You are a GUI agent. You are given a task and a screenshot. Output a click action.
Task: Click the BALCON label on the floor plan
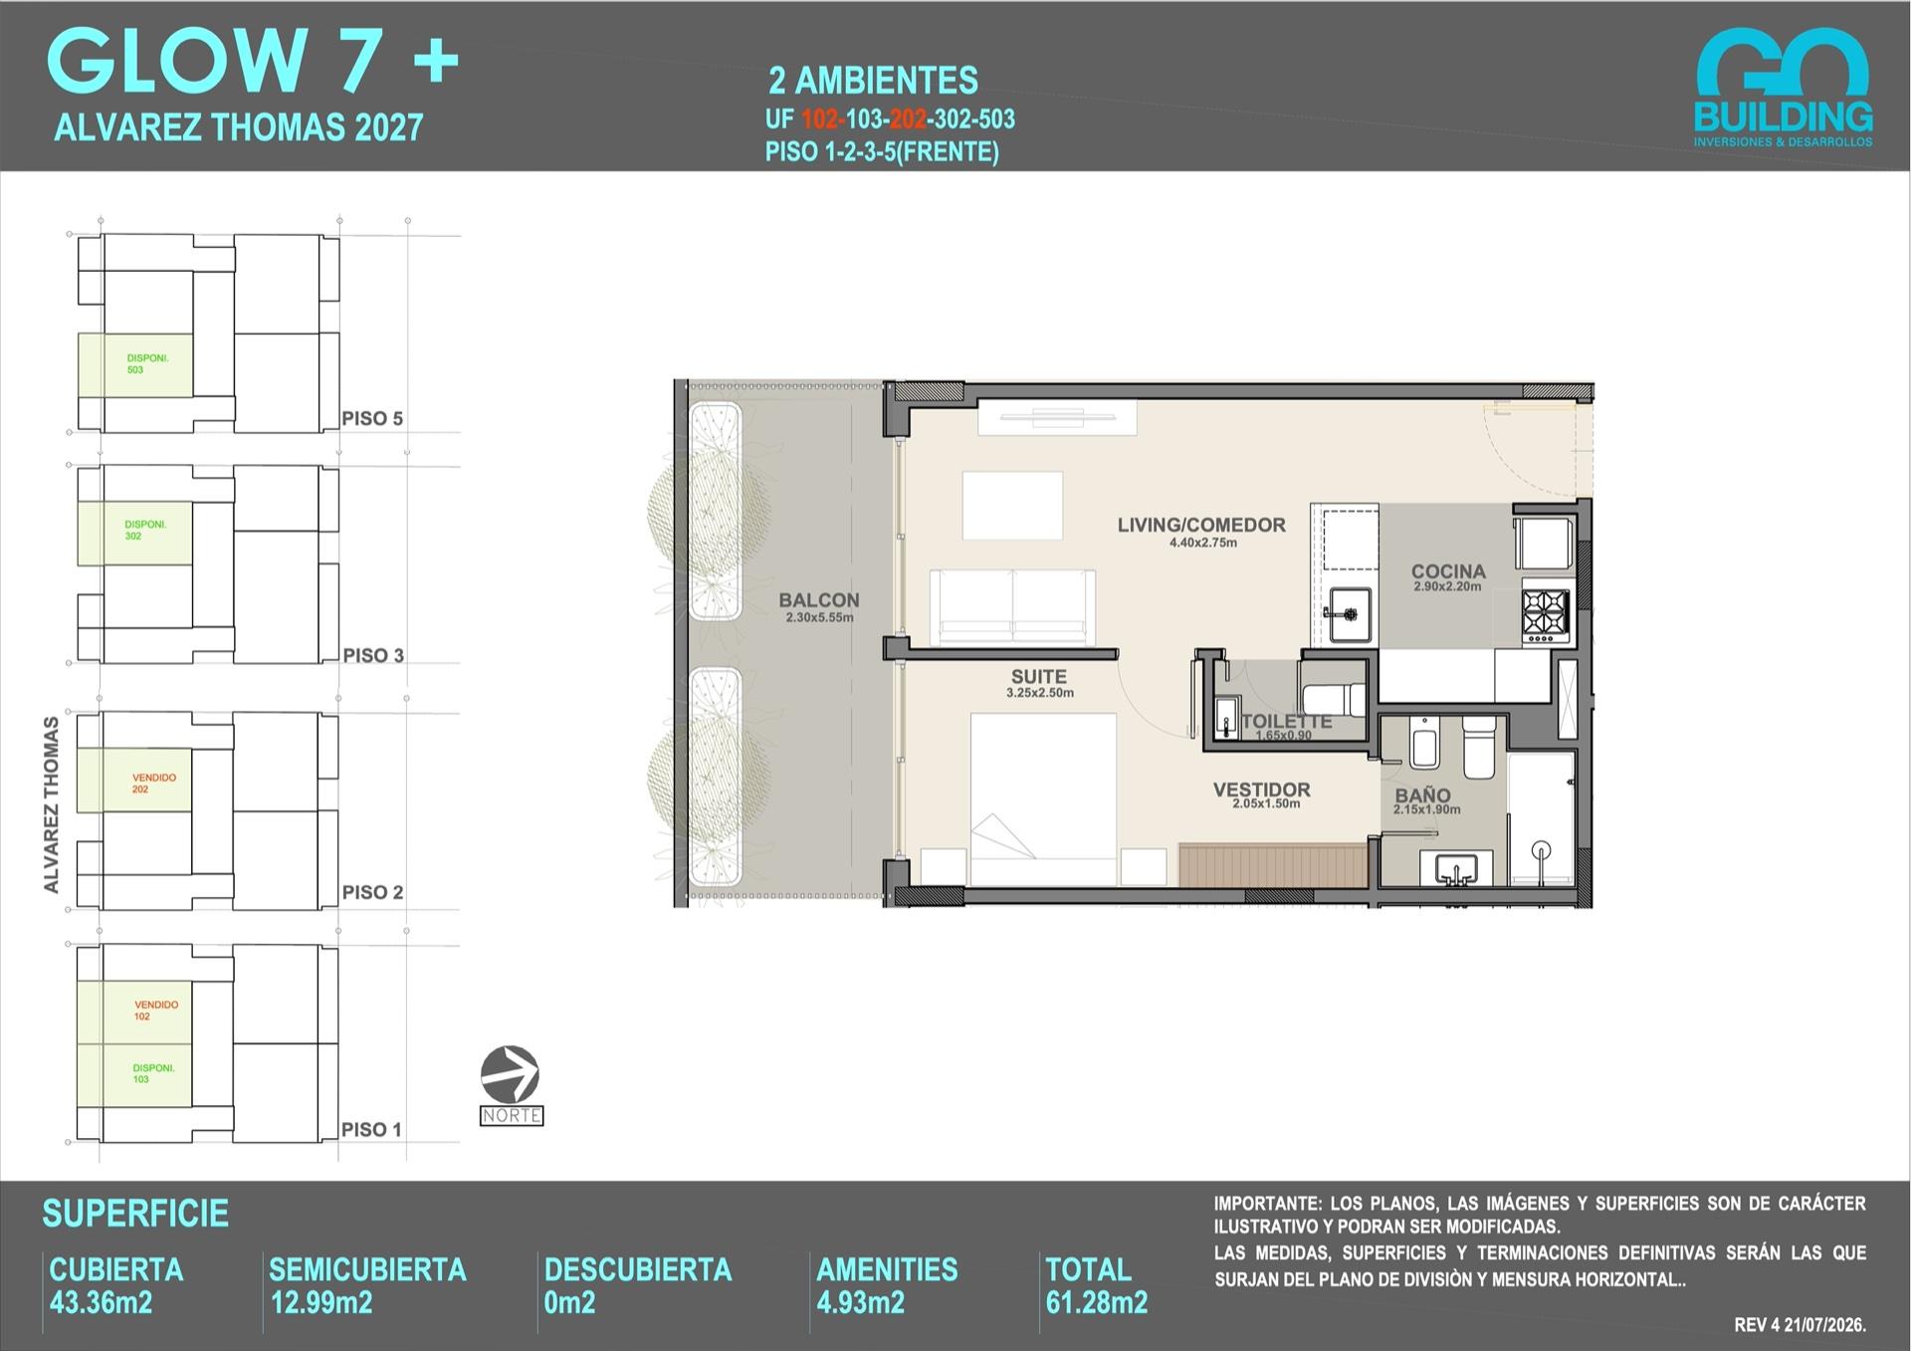point(818,600)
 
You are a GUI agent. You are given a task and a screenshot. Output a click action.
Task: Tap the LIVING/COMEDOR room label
point(1201,525)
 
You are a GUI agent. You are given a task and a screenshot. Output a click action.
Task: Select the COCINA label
point(1448,571)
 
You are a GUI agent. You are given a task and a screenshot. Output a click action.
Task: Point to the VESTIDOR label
point(1261,789)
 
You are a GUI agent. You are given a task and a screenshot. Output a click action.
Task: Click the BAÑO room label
point(1422,795)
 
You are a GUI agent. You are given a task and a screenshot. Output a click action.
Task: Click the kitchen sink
point(1350,614)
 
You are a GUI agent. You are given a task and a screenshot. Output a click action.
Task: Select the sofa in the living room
point(1012,607)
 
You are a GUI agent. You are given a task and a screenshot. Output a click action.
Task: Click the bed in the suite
point(1043,798)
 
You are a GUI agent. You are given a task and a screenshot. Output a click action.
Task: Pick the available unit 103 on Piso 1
point(134,1075)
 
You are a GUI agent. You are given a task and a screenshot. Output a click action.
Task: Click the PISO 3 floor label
point(373,655)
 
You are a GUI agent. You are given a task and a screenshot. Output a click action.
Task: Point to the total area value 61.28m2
point(1097,1302)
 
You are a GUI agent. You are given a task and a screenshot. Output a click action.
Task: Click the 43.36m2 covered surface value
point(101,1302)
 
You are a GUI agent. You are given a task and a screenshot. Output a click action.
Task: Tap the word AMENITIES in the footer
point(887,1269)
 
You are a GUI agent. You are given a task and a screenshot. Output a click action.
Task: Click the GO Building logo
point(1783,88)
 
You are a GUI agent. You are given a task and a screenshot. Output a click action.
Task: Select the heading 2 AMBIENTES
point(874,80)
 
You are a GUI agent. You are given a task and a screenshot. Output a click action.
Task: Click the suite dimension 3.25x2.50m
point(1040,693)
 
